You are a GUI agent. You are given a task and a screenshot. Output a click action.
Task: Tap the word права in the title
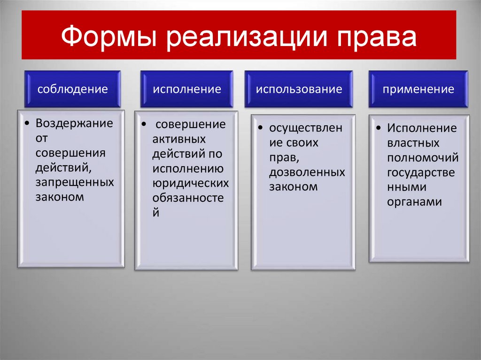click(x=376, y=37)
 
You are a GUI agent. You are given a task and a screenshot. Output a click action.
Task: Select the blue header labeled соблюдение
click(x=73, y=89)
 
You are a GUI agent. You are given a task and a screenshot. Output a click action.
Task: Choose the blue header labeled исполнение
click(x=186, y=89)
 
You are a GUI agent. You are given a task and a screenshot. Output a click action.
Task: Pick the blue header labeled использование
click(x=299, y=89)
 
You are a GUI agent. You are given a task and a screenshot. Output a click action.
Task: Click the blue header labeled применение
click(x=418, y=89)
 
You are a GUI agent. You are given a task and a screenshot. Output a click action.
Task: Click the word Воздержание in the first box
click(x=74, y=123)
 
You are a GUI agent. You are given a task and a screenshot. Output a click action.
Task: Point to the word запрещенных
click(x=74, y=182)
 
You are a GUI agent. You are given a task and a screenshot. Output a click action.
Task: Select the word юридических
click(x=190, y=183)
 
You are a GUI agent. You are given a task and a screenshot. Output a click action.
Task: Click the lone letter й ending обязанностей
click(x=156, y=212)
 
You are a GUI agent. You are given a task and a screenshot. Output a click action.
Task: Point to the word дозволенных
click(x=307, y=172)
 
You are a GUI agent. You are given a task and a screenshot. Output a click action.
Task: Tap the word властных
click(x=413, y=143)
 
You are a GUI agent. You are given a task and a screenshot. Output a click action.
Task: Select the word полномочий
click(x=423, y=158)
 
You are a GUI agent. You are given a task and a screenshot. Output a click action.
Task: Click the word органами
click(x=414, y=202)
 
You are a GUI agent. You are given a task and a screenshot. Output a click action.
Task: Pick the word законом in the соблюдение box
click(x=59, y=197)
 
